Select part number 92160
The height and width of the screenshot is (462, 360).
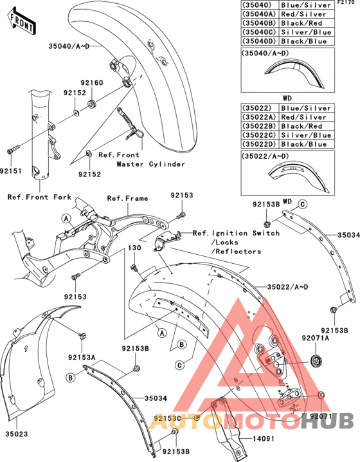[91, 83]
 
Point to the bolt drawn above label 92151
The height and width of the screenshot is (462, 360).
[12, 151]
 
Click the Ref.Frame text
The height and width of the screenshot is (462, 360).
[127, 198]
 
